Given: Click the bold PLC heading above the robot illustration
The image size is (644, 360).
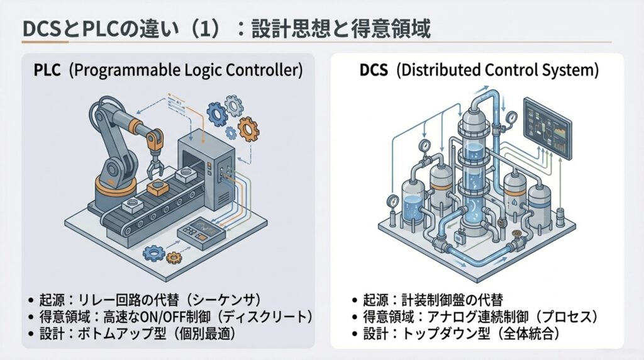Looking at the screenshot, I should tap(47, 70).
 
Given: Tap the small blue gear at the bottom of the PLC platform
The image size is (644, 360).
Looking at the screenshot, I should tap(153, 253).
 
